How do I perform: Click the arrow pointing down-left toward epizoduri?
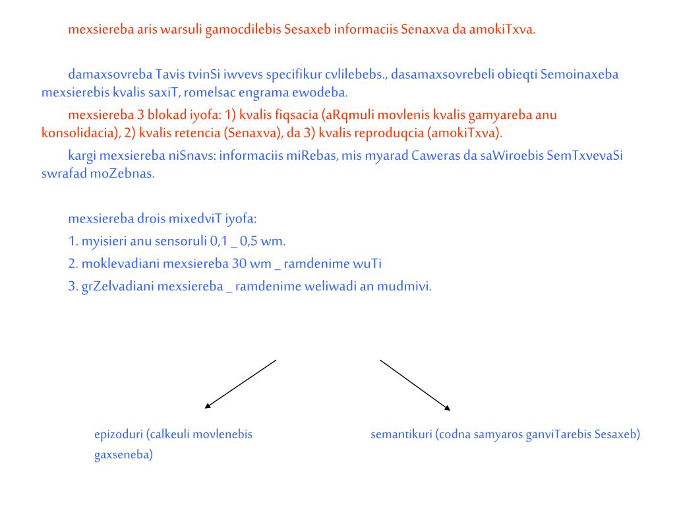(x=240, y=384)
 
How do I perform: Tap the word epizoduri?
(x=119, y=435)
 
